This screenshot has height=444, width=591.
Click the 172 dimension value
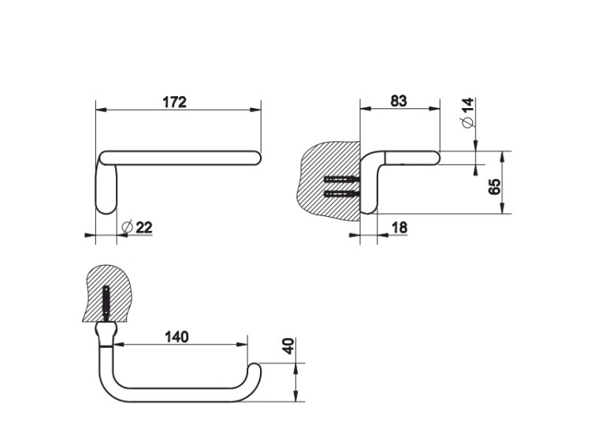pos(174,102)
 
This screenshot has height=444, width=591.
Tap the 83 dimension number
pos(399,101)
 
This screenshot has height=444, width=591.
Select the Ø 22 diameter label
pos(138,227)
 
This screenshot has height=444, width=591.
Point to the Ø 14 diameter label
pos(467,113)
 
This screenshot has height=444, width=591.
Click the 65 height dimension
pos(495,186)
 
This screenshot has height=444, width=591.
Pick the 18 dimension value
pos(400,228)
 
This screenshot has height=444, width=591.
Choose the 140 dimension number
pos(177,337)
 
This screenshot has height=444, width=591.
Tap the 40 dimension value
pos(288,346)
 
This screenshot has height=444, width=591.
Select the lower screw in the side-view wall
pos(342,194)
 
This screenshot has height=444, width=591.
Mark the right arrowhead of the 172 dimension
pos(255,110)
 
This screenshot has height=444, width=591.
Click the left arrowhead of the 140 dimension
pos(118,345)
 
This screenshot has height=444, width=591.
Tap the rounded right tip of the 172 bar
pos(257,158)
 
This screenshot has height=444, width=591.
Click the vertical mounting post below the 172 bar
pos(106,188)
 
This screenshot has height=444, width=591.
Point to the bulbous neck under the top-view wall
pos(106,334)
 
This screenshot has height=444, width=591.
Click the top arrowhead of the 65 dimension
pos(502,157)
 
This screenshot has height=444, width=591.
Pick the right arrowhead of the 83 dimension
pos(434,109)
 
